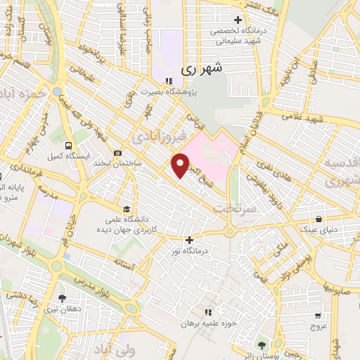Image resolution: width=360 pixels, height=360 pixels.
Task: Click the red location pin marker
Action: [x=181, y=165]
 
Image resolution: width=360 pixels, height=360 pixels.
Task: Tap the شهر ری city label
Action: [x=202, y=69]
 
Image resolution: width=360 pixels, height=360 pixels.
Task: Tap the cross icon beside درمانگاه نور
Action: [x=189, y=240]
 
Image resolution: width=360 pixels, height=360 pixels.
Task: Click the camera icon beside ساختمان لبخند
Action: [x=117, y=153]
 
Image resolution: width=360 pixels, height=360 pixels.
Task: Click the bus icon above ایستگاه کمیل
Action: [x=51, y=148]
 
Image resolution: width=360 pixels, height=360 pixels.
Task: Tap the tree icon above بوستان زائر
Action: [x=262, y=345]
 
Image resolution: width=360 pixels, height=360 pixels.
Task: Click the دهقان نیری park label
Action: [x=62, y=308]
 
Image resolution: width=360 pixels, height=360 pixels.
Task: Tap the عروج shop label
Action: [x=319, y=327]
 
